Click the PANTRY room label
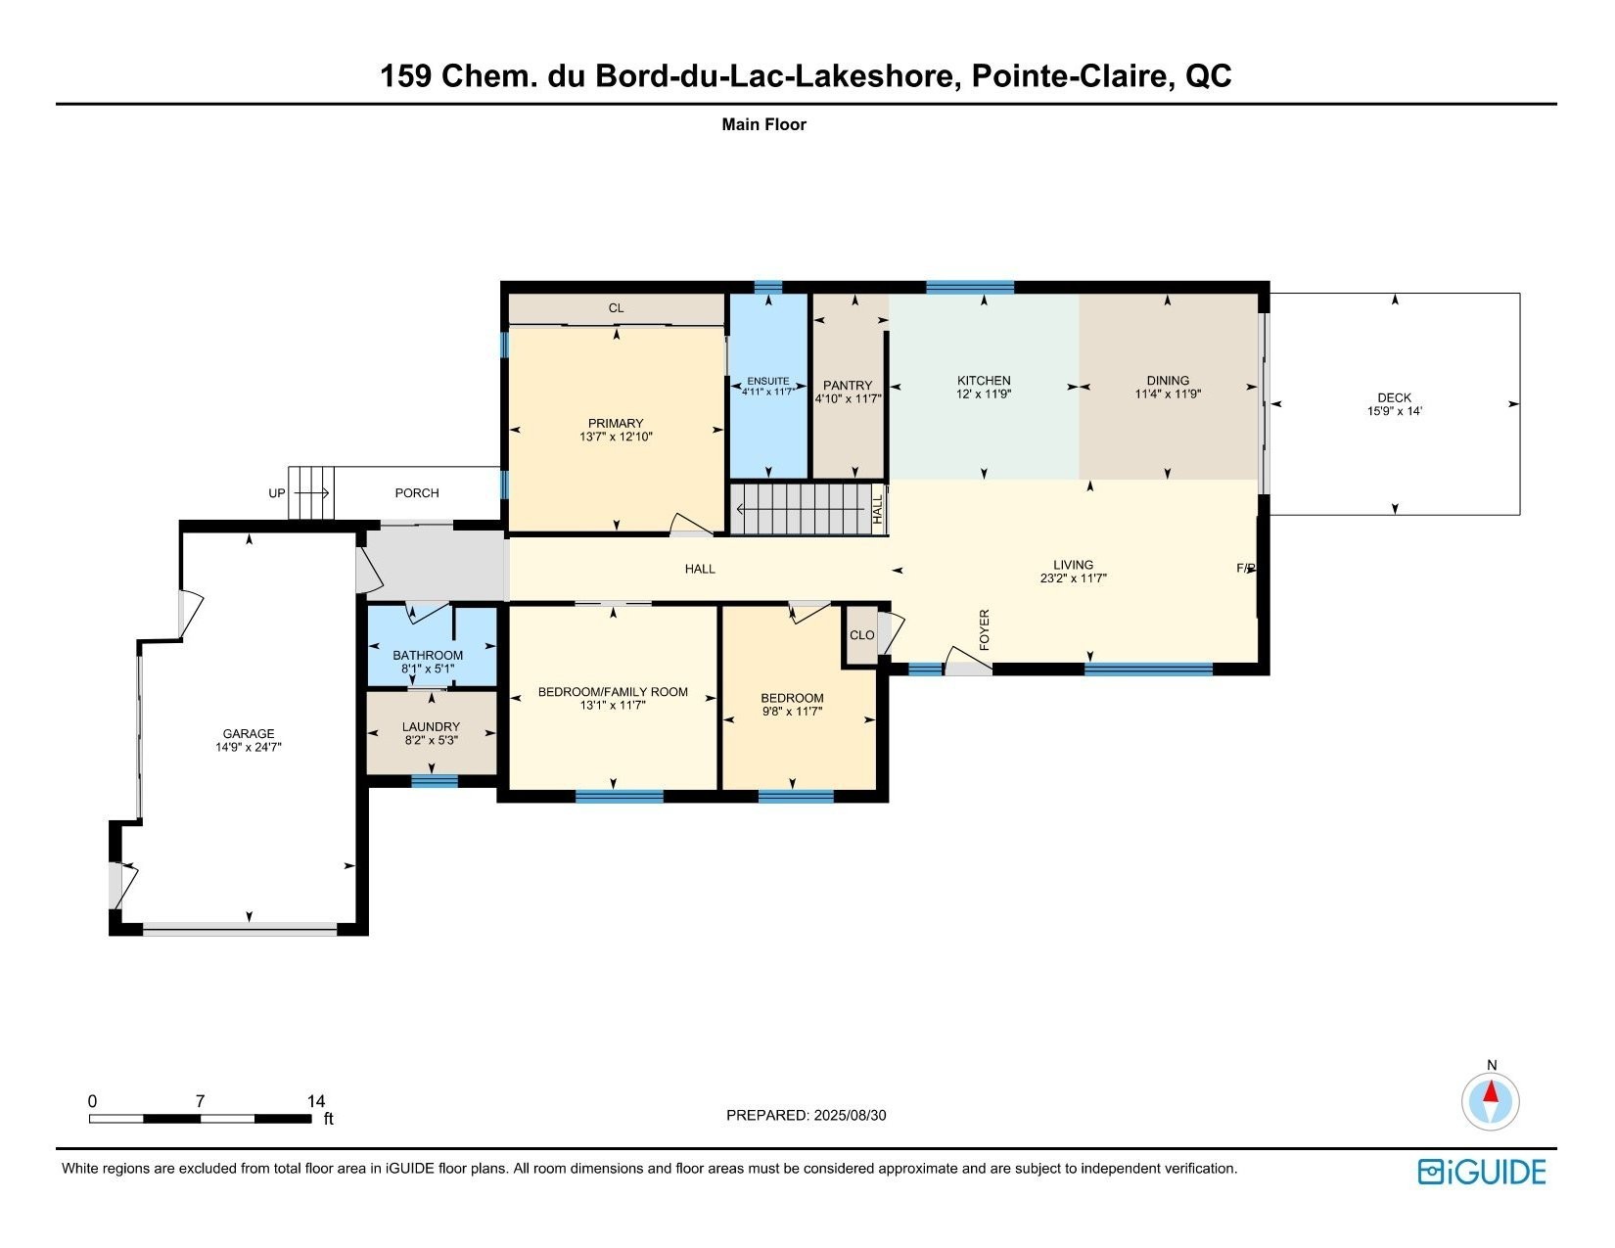(x=848, y=385)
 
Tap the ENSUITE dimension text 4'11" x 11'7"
(x=768, y=391)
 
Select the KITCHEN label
(x=984, y=381)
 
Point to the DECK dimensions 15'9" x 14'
(x=1394, y=411)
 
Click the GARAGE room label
(x=249, y=734)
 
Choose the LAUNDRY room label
(x=431, y=727)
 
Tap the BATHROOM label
(x=428, y=656)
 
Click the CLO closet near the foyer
(x=861, y=635)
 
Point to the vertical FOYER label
(x=985, y=630)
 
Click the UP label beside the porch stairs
(x=276, y=493)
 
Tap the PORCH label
(x=417, y=493)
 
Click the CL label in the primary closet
(x=616, y=308)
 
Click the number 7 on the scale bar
(x=200, y=1101)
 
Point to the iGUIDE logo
(x=1482, y=1173)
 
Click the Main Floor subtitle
(x=764, y=125)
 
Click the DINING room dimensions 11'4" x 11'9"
(x=1168, y=393)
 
